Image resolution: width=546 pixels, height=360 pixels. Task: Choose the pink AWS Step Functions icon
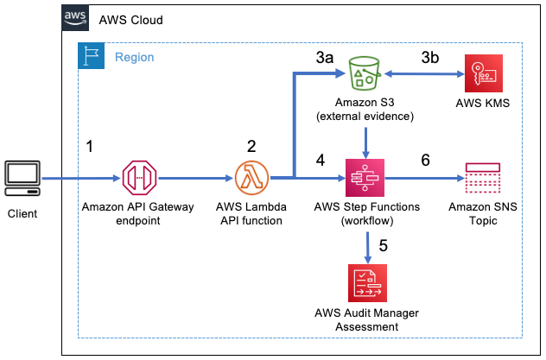pos(369,180)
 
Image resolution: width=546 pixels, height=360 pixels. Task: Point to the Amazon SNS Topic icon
pos(483,180)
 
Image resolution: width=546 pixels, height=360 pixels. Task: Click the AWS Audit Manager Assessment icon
pos(369,282)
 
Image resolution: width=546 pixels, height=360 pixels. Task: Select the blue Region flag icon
pos(92,57)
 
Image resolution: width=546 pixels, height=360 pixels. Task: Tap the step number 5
pos(383,244)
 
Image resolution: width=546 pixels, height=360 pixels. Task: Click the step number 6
pos(426,161)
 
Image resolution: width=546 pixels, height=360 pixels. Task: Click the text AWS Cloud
pos(130,20)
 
